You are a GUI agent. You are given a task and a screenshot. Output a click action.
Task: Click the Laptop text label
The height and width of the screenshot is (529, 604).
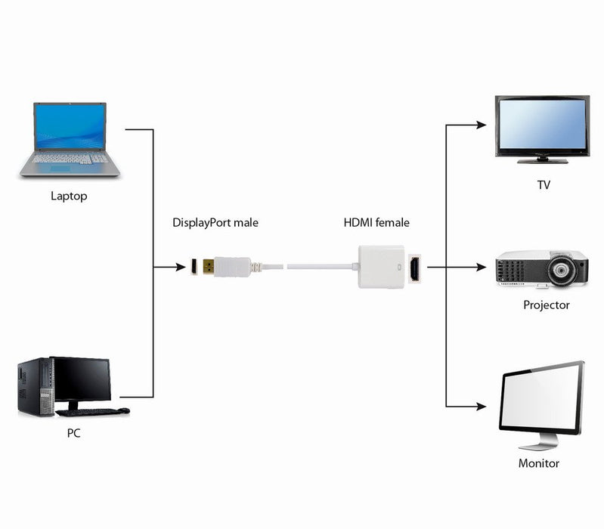69,196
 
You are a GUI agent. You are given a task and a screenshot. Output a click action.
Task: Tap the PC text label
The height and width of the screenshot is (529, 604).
73,434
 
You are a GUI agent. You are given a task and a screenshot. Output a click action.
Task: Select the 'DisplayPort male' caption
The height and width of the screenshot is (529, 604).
216,223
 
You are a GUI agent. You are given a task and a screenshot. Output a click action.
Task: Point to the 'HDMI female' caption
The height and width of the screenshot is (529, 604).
376,223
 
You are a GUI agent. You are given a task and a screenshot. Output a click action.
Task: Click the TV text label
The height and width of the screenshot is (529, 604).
544,184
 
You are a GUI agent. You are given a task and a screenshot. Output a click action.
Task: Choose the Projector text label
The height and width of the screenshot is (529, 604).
546,305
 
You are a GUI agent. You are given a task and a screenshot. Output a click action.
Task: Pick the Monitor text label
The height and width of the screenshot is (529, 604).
538,463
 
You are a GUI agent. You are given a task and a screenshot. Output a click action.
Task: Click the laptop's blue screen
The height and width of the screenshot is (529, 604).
70,127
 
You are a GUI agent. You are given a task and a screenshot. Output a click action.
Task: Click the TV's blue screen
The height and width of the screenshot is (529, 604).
542,125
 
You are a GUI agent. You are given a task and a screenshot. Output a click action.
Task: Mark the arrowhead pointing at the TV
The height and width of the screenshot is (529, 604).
480,125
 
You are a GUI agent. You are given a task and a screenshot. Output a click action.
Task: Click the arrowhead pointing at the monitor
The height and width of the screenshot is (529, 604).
480,407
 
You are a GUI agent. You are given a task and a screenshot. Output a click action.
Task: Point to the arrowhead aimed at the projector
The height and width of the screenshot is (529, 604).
480,267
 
